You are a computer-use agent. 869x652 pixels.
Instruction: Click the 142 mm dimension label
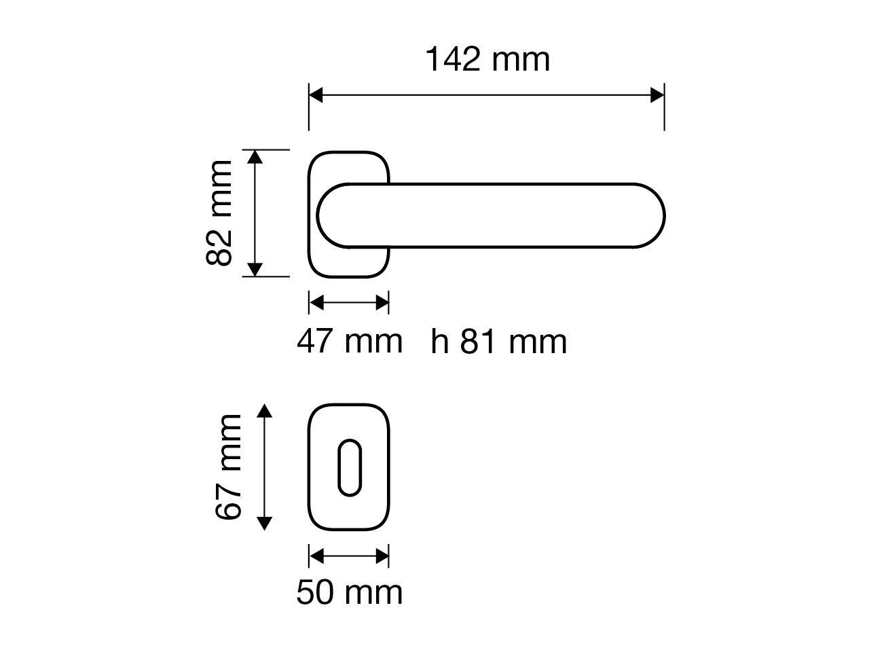click(487, 60)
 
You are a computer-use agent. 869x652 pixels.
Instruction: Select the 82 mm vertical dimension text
click(220, 213)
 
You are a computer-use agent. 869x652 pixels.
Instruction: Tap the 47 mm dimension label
click(349, 341)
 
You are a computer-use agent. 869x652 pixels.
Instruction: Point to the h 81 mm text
click(499, 342)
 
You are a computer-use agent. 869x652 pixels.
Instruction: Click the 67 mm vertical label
click(229, 467)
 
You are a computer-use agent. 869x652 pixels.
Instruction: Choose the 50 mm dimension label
click(349, 592)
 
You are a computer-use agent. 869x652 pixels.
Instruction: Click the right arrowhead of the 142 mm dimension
click(657, 95)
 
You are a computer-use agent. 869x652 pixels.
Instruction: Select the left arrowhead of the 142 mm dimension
click(316, 95)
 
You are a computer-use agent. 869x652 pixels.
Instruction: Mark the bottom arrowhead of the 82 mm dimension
click(255, 270)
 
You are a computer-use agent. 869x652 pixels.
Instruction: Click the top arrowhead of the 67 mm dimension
click(265, 410)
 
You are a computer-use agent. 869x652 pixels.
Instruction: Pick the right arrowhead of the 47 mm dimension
click(382, 302)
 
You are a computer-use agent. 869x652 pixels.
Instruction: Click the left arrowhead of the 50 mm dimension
click(316, 556)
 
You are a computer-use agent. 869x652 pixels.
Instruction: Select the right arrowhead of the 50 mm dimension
click(382, 556)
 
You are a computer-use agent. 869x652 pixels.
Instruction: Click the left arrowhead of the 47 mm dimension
click(316, 302)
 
